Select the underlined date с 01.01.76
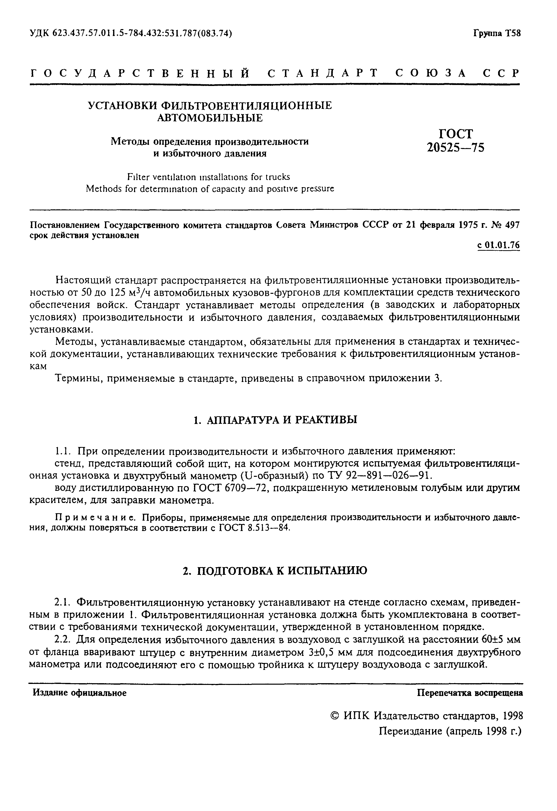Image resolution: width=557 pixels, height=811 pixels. point(498,245)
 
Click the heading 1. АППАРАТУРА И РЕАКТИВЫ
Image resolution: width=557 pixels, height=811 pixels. point(276,419)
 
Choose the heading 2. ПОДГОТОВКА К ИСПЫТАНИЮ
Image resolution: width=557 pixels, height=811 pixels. point(275,571)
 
